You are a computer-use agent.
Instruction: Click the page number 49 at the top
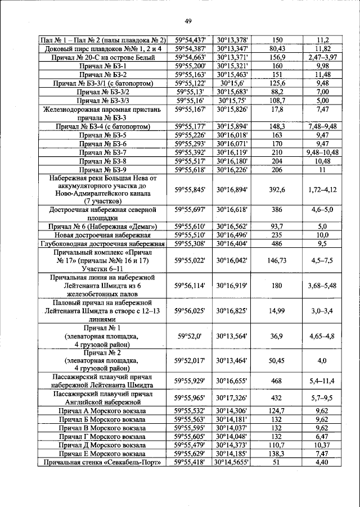click(x=188, y=21)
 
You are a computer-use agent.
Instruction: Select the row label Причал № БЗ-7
click(x=103, y=152)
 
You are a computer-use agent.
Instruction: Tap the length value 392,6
click(x=277, y=191)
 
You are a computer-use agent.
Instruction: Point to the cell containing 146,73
click(x=277, y=260)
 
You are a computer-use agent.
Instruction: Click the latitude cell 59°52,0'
click(x=190, y=336)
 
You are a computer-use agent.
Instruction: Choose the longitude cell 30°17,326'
click(x=232, y=398)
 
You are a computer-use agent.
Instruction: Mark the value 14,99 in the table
click(x=277, y=310)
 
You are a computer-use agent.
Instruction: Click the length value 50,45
click(x=277, y=360)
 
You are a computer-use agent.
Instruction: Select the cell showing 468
click(x=277, y=381)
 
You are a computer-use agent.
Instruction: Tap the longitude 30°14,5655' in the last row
click(x=232, y=462)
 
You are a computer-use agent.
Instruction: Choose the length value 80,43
click(x=277, y=49)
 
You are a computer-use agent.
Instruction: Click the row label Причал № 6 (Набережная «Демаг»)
click(x=103, y=227)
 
